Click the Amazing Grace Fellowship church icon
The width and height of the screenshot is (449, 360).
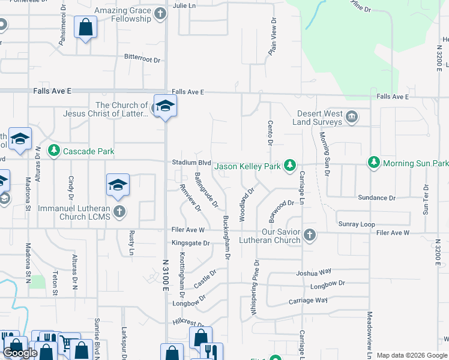click(x=160, y=13)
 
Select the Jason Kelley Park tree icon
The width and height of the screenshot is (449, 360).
click(x=290, y=164)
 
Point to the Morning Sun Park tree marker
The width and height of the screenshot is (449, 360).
click(x=374, y=163)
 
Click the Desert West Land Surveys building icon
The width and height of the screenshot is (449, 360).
click(x=352, y=116)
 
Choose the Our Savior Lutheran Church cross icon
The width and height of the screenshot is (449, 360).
click(x=309, y=234)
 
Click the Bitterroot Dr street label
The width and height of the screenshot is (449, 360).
click(x=142, y=59)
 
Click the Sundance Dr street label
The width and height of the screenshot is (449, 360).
click(x=376, y=197)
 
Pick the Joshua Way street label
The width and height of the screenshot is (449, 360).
click(x=314, y=272)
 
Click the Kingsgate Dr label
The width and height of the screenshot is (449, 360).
click(x=190, y=243)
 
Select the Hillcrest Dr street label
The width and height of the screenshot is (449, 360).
click(x=189, y=322)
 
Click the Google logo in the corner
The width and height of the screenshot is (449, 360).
click(x=20, y=353)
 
